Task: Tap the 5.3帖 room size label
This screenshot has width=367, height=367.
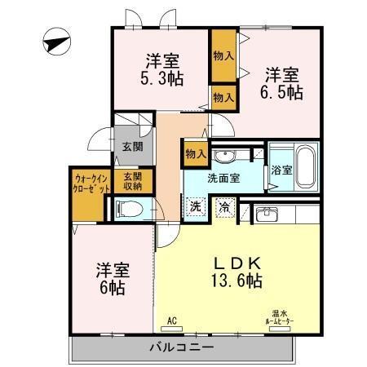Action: [x=163, y=79]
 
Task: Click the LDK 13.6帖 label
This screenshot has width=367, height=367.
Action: [x=237, y=272]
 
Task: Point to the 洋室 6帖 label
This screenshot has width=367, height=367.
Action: [x=113, y=278]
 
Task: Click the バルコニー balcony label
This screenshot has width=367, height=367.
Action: [x=181, y=348]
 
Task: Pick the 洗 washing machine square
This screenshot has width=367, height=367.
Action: [x=195, y=207]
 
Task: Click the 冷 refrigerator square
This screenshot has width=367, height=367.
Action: [x=223, y=207]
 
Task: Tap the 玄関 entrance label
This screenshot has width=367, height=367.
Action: [x=131, y=147]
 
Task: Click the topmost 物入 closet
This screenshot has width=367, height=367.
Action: [x=223, y=56]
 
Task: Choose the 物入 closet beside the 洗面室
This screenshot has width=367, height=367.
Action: [x=195, y=154]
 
